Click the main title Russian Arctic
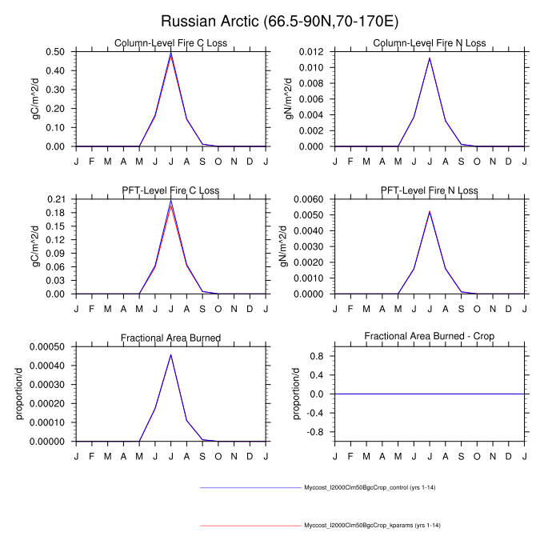[x=279, y=20]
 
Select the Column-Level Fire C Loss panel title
[x=170, y=43]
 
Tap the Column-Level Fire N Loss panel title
[x=430, y=43]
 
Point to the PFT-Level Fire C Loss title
[x=170, y=190]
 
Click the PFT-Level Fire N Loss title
[x=430, y=190]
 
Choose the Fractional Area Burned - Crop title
[x=430, y=338]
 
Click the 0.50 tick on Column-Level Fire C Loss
[x=57, y=52]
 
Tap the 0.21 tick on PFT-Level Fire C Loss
[x=57, y=199]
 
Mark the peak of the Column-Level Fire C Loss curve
[x=170, y=53]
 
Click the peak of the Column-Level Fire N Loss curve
[x=430, y=58]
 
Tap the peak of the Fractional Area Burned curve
[x=170, y=354]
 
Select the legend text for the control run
[x=370, y=487]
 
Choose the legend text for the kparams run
[x=372, y=526]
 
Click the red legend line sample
[x=250, y=526]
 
